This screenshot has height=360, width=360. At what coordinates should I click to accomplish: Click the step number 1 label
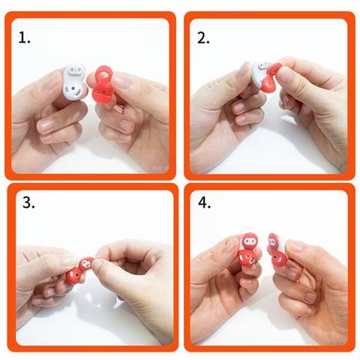pos(24,38)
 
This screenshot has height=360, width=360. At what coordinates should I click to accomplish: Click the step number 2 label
pos(203,38)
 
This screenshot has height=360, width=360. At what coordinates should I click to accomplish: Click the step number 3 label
pos(28,202)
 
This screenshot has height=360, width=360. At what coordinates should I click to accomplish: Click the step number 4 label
pos(205,202)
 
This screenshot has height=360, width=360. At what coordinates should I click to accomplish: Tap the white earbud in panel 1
pos(73,81)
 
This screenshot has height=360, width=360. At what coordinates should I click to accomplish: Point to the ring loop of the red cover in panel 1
pos(103,73)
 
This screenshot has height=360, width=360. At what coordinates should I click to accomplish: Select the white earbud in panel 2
pos(259,73)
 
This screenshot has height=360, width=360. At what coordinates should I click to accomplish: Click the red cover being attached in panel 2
pos(269,77)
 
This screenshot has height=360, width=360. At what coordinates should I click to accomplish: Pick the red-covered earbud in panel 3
pos(79,271)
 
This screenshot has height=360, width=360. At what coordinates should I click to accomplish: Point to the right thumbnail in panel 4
pos(295,245)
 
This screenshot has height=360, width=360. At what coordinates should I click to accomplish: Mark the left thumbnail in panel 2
pos(245,69)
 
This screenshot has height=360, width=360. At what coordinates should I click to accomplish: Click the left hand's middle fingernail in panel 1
pos(47,125)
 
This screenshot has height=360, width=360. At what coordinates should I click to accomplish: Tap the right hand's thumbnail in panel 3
pos(97,263)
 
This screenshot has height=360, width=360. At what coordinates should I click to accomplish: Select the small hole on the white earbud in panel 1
pos(73,88)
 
